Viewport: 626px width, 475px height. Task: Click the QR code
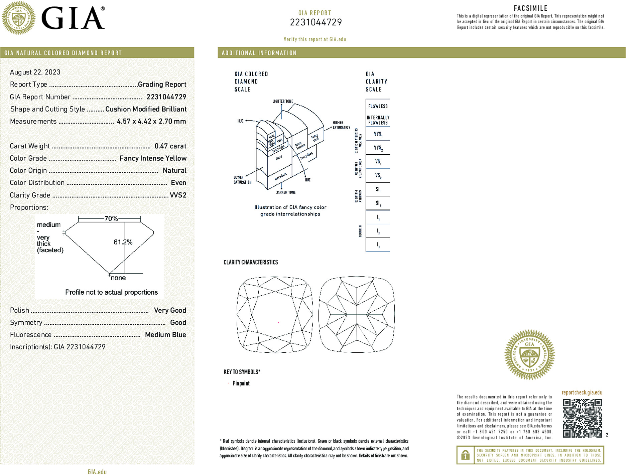click(582, 418)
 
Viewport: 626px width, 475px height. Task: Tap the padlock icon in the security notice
click(465, 455)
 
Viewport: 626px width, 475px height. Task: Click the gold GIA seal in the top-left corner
click(18, 18)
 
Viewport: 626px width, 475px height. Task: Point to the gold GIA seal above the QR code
click(529, 355)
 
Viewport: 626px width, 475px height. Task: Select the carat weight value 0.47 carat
click(170, 146)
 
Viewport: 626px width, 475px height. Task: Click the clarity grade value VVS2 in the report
click(178, 195)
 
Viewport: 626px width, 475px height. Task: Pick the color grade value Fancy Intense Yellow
click(153, 158)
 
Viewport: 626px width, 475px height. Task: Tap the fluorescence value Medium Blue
click(165, 335)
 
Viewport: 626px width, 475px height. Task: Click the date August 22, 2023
click(35, 72)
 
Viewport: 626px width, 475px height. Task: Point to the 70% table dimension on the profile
click(111, 219)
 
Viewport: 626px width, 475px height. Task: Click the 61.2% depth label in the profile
click(123, 242)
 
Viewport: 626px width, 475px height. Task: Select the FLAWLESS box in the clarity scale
click(378, 106)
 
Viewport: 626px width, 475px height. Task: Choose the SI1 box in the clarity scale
click(378, 189)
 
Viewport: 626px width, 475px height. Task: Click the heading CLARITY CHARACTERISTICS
click(251, 262)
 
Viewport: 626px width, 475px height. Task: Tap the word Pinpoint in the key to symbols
click(241, 383)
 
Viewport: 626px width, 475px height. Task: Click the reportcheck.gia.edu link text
click(582, 392)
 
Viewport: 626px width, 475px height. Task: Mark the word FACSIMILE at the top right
click(530, 8)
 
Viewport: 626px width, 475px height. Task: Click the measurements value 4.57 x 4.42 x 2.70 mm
click(151, 121)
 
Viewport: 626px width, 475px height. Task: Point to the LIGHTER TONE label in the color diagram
click(282, 101)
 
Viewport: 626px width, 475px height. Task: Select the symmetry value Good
click(178, 322)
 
